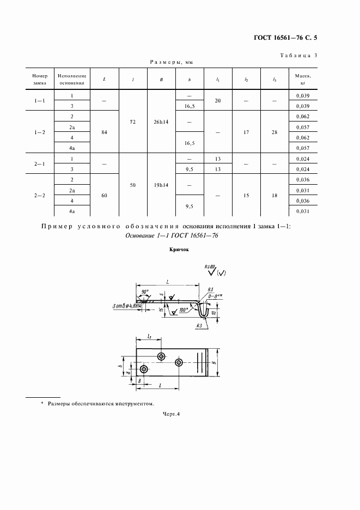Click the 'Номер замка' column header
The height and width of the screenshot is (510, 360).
[x=40, y=80]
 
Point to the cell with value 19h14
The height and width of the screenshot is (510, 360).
[x=161, y=185]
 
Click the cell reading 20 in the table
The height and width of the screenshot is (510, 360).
[x=218, y=100]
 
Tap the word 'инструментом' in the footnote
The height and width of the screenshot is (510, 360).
[x=133, y=404]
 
